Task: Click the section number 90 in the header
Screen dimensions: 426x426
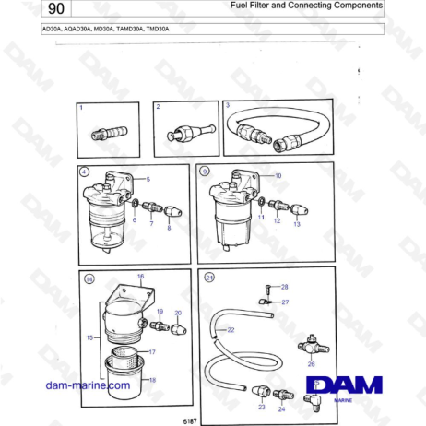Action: click(55, 11)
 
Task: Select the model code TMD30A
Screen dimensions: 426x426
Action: click(158, 30)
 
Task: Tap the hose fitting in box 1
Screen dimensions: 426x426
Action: click(104, 135)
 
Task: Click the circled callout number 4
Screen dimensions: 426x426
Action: click(84, 172)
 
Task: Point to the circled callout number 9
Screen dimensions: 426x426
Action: click(206, 172)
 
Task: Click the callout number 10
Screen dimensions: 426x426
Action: click(278, 174)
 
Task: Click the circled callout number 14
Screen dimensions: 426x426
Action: click(89, 278)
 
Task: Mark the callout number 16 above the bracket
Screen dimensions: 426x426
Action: click(141, 277)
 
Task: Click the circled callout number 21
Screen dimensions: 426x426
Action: click(209, 278)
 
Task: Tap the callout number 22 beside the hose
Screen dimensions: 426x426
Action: click(231, 330)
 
